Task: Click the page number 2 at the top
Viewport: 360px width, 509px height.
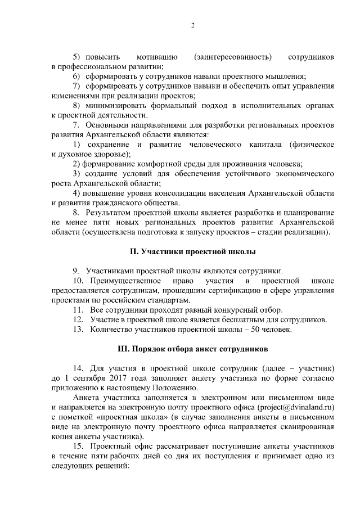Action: pyautogui.click(x=192, y=26)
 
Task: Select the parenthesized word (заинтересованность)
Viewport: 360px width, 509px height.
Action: pyautogui.click(x=232, y=57)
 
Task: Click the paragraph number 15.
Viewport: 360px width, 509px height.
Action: pyautogui.click(x=79, y=447)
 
